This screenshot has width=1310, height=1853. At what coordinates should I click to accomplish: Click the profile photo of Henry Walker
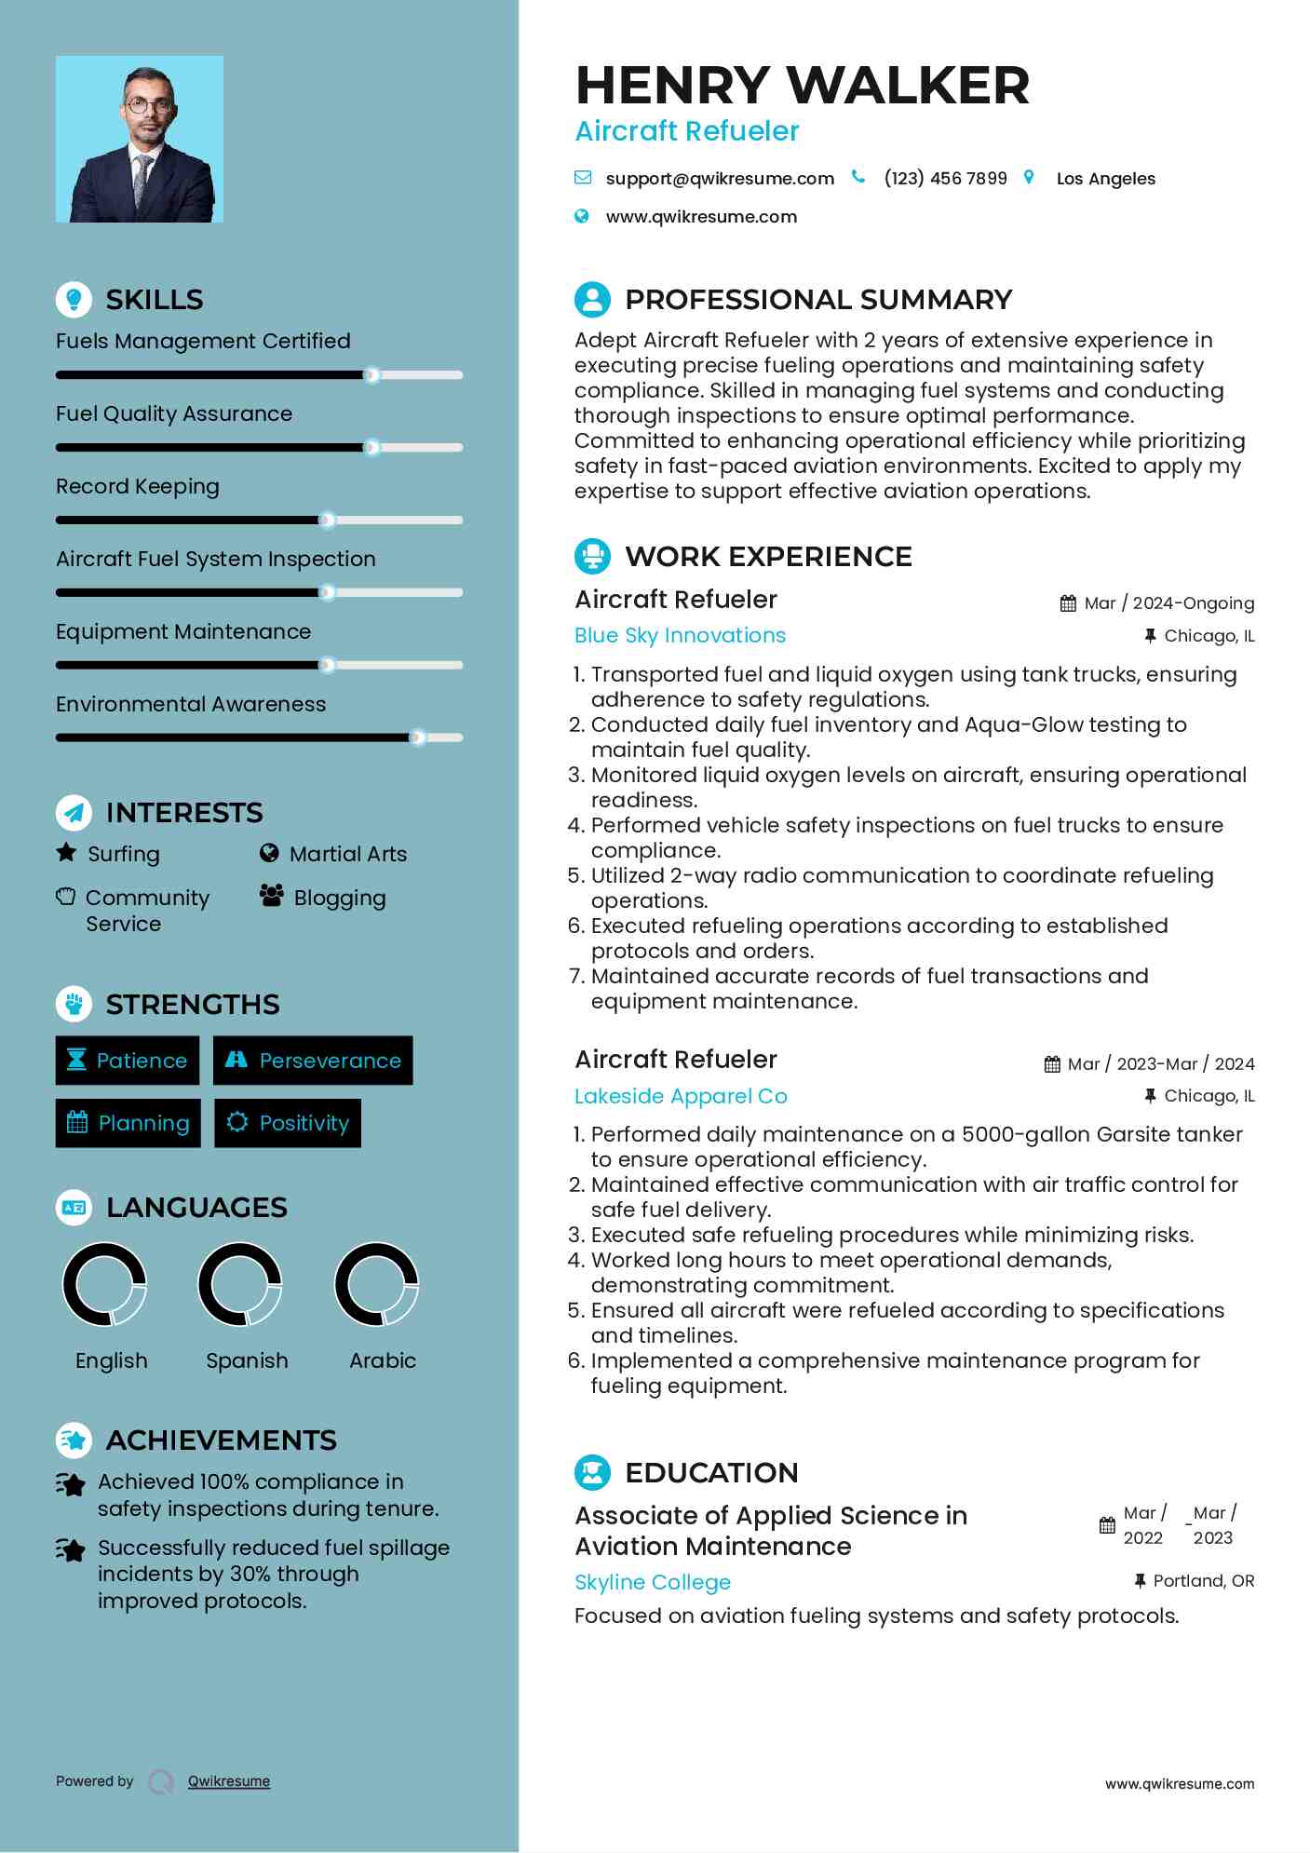[x=140, y=139]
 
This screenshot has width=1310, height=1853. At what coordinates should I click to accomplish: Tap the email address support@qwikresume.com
[x=719, y=178]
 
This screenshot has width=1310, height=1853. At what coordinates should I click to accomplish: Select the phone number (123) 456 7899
[x=945, y=178]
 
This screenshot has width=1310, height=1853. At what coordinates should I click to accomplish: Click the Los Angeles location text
[x=1105, y=179]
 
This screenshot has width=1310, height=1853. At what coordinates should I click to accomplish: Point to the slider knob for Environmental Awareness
[x=418, y=737]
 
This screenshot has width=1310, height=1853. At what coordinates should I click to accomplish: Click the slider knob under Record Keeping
[x=327, y=520]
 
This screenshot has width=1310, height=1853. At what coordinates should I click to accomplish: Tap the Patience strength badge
[x=128, y=1061]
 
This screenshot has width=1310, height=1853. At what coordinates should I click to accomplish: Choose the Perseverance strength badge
[x=313, y=1061]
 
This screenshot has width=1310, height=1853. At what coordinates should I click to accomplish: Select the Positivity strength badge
[x=288, y=1123]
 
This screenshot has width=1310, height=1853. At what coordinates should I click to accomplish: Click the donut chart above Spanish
[x=240, y=1284]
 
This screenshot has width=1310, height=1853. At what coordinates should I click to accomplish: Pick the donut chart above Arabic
[x=376, y=1284]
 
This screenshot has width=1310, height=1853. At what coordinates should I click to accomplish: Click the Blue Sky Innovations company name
[x=680, y=635]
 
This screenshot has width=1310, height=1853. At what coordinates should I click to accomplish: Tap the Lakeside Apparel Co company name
[x=681, y=1096]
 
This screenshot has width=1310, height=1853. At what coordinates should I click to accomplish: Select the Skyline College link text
[x=652, y=1582]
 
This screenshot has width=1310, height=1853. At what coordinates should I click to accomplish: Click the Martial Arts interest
[x=347, y=854]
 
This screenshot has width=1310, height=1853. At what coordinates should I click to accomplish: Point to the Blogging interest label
[x=339, y=898]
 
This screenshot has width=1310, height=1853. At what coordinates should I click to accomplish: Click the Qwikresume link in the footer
[x=228, y=1781]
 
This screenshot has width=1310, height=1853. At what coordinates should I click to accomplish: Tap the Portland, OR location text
[x=1203, y=1581]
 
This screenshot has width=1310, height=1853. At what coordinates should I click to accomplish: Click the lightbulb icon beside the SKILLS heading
[x=74, y=299]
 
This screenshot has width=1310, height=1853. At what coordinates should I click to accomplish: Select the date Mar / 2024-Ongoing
[x=1168, y=603]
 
